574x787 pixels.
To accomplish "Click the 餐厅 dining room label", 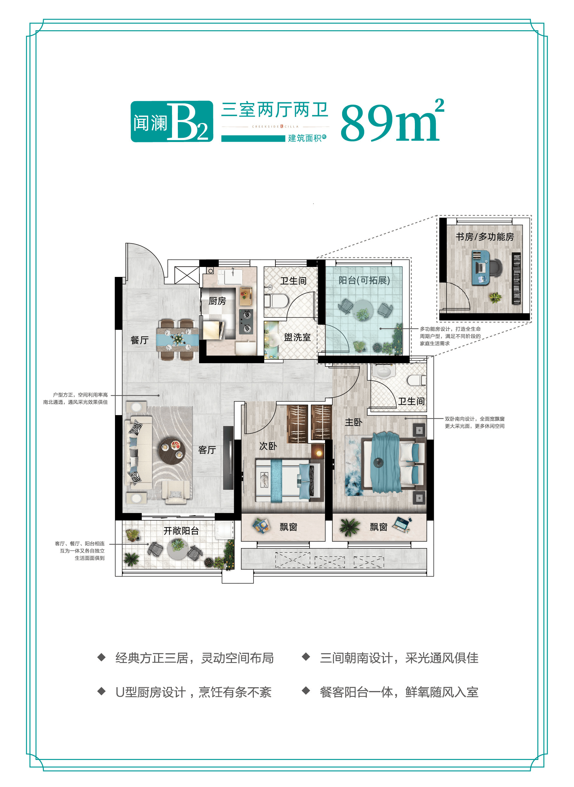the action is (139, 340).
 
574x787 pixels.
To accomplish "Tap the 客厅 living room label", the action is (207, 450).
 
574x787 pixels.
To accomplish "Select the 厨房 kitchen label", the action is (217, 301).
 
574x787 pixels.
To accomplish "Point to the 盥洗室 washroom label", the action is (297, 337).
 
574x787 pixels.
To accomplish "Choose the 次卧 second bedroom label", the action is (268, 446).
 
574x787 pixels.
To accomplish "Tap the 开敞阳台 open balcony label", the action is (181, 530).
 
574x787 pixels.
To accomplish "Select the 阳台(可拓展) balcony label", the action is (364, 280).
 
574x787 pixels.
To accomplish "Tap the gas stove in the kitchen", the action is (246, 321).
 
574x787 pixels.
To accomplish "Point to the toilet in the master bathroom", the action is (417, 380).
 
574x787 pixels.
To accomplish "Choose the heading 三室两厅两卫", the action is (274, 110).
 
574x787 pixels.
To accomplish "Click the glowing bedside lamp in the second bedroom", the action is (319, 453).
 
